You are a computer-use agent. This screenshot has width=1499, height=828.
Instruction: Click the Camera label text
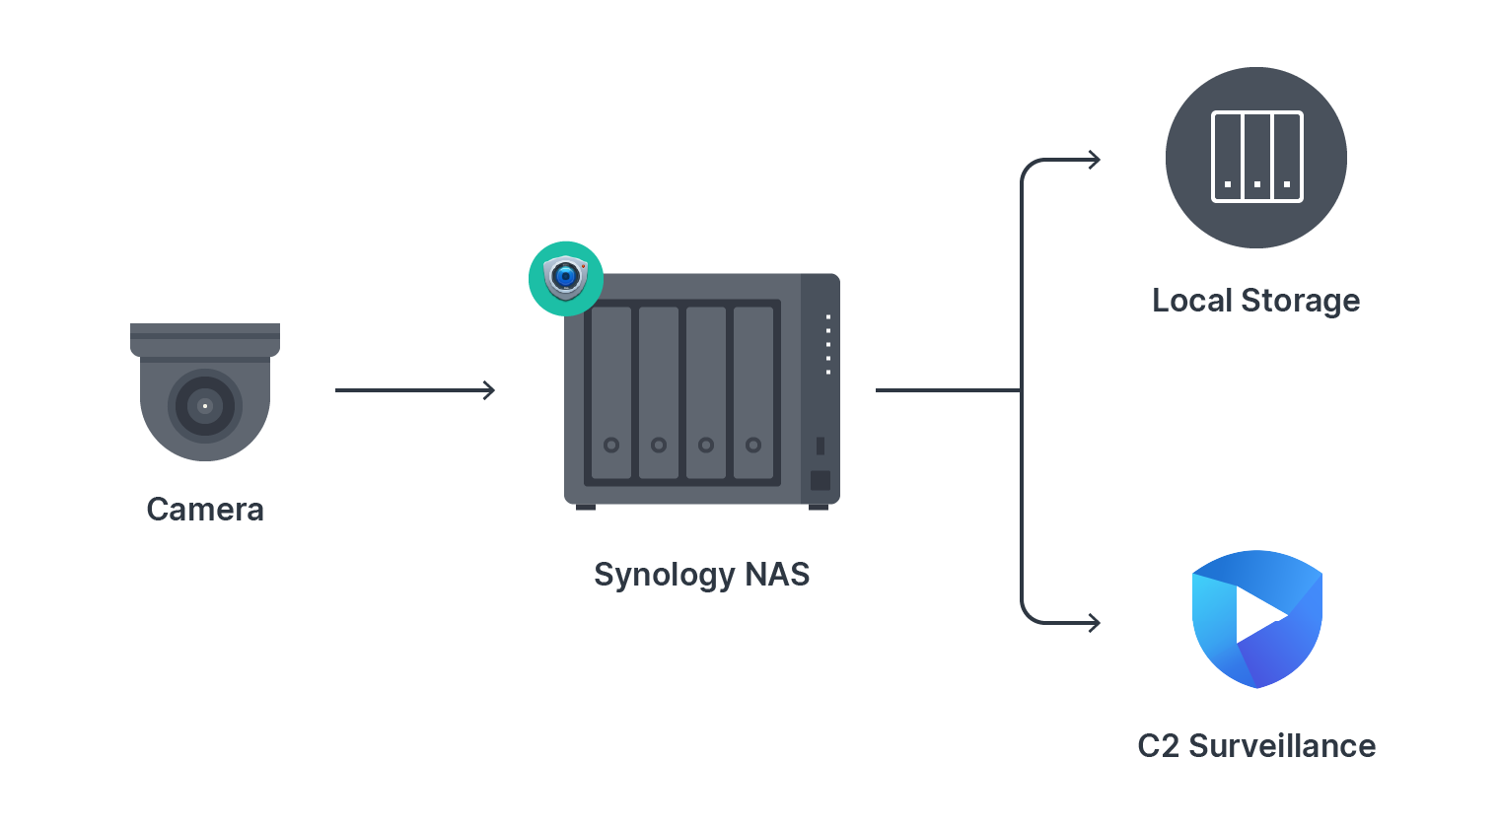pos(205,510)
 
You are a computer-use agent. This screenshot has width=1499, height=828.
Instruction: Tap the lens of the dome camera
pos(205,405)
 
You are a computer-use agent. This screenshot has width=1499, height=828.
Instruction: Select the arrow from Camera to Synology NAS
pos(414,390)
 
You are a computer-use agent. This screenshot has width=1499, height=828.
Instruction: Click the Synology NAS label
pos(701,575)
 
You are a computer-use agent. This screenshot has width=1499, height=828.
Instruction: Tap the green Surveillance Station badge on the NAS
pos(566,278)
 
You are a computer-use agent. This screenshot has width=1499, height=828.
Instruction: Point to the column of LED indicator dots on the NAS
pos(828,345)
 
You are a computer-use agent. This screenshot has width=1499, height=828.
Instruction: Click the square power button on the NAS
pos(820,481)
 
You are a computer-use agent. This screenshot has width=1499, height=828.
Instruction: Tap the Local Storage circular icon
pos(1256,158)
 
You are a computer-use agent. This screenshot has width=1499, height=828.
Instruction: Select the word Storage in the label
pos(1300,301)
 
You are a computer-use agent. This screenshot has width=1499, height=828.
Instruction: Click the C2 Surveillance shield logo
pos(1256,619)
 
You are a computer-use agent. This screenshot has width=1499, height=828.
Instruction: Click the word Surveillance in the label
pos(1282,746)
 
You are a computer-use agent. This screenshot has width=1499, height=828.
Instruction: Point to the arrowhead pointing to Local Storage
pos(1094,160)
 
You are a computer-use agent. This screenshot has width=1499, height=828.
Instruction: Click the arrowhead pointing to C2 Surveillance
pos(1094,622)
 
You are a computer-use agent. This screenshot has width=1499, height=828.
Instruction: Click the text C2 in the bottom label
pos(1158,746)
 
